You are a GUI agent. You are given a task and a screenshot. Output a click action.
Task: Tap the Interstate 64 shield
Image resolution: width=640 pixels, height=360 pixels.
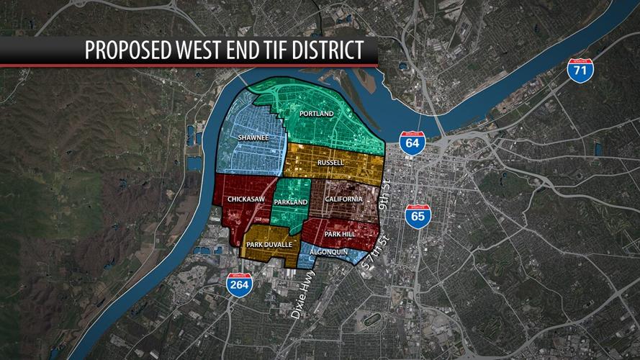[412, 142]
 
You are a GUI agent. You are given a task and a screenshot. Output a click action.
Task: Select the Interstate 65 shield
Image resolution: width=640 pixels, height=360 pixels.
[416, 215]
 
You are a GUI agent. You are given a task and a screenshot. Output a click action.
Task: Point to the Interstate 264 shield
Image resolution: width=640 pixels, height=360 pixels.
[238, 285]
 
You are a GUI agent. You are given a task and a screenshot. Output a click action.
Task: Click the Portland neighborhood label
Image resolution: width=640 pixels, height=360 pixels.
[317, 114]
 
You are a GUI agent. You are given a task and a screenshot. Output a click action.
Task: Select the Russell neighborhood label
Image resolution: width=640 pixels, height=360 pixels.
[331, 163]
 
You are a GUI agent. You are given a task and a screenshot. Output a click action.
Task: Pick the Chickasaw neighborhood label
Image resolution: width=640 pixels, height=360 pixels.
[243, 199]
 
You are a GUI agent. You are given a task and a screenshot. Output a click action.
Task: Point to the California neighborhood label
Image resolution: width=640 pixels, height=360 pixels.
[343, 199]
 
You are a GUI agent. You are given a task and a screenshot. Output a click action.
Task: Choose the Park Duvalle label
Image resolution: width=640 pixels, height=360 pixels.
[269, 245]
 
